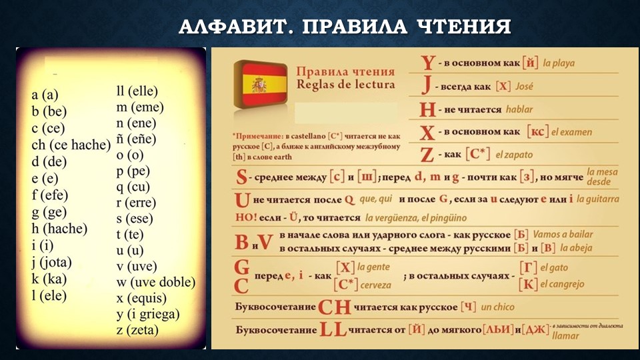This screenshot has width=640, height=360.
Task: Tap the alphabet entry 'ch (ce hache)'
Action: [x=71, y=145]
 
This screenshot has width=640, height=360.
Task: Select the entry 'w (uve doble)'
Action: [x=155, y=282]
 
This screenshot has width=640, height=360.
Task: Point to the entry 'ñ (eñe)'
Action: [x=137, y=139]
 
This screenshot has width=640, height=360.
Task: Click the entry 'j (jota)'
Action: [x=51, y=262]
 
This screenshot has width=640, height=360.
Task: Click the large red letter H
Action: [x=427, y=109]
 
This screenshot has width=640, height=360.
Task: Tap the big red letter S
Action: [x=242, y=178]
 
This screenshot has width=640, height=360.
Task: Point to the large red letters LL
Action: [x=333, y=329]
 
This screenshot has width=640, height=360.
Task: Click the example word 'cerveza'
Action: [x=376, y=285]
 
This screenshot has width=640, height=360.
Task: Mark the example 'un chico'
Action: [x=497, y=307]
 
